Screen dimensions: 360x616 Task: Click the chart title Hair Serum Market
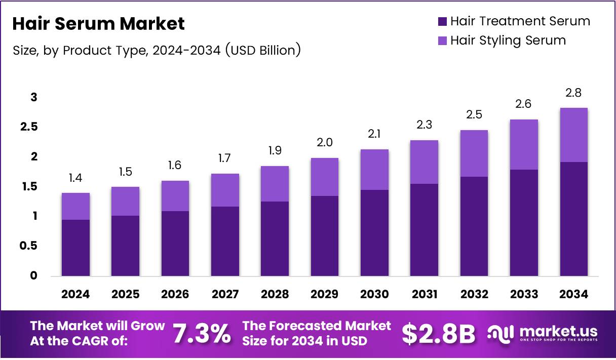[98, 23]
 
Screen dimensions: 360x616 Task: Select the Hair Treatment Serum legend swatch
[442, 21]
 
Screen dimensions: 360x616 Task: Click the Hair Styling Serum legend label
[508, 40]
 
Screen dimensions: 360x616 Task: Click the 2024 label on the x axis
[75, 294]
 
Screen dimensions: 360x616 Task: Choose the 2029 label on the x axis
[325, 294]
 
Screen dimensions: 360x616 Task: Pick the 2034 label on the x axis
[574, 294]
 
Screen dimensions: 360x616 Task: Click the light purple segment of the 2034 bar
[574, 135]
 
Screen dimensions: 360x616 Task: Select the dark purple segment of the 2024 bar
[75, 248]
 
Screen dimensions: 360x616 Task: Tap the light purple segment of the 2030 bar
[374, 170]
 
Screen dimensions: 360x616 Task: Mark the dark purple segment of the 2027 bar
[225, 241]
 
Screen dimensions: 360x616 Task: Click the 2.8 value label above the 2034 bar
[574, 93]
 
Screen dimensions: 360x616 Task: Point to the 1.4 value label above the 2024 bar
[75, 178]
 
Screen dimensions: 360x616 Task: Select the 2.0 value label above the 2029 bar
[325, 143]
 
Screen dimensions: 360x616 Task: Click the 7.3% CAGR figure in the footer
[202, 334]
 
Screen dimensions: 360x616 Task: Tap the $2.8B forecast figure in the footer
[439, 334]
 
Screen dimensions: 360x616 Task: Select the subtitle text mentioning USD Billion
[157, 50]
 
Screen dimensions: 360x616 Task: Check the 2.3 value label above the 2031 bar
[425, 125]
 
